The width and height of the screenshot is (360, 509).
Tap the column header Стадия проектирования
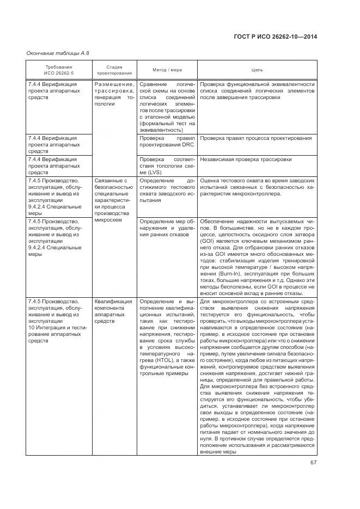point(114,70)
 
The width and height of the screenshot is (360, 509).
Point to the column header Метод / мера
point(167,70)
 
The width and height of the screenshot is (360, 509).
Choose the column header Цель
point(257,70)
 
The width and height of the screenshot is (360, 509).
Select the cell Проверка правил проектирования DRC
point(167,142)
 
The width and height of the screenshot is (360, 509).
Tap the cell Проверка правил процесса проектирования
point(255,138)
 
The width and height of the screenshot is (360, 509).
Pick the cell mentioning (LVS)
point(167,165)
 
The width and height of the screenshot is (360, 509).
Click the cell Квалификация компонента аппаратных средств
point(113,311)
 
